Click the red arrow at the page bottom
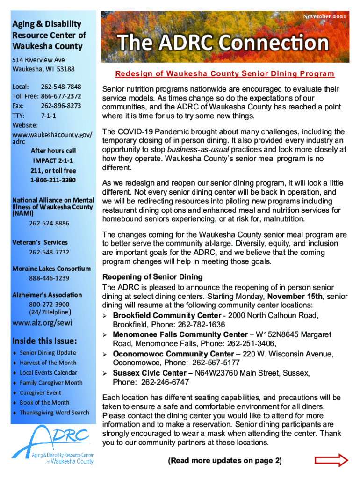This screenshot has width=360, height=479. click(x=331, y=461)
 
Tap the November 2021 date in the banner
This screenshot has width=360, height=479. click(x=325, y=17)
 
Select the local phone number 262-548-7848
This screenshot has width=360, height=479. click(x=61, y=87)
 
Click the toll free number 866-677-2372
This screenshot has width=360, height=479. click(x=61, y=96)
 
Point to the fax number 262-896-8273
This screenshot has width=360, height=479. click(x=61, y=106)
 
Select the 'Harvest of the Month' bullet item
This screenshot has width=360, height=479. click(x=48, y=363)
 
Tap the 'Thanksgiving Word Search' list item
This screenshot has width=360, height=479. click(x=54, y=413)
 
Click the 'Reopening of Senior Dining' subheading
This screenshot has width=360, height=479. click(x=152, y=277)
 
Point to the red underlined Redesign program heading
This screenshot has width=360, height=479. click(x=225, y=74)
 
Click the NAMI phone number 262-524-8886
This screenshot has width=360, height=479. click(x=49, y=223)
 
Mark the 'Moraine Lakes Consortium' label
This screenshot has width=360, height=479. click(x=52, y=269)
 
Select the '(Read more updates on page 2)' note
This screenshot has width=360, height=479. click(x=225, y=461)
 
